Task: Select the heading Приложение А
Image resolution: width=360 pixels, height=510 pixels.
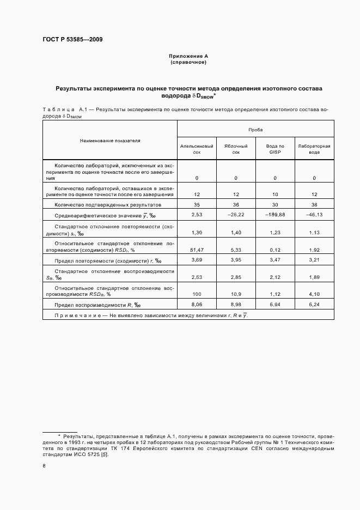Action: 188,56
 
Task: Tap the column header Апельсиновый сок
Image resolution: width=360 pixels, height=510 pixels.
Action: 197,149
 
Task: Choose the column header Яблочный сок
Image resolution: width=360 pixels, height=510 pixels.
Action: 236,149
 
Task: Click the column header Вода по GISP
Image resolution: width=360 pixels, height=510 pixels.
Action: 275,149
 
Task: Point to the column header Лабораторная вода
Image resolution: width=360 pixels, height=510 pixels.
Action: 314,149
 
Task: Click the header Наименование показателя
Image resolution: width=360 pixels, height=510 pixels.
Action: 110,140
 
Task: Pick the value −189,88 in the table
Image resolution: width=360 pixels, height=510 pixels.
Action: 275,215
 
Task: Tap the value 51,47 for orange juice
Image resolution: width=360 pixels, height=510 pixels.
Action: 197,250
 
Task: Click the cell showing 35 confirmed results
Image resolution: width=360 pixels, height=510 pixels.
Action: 197,204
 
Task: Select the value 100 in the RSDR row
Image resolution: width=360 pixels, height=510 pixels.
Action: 197,294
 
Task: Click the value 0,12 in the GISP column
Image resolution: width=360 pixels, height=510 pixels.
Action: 275,250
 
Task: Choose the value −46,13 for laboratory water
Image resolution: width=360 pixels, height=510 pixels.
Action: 314,215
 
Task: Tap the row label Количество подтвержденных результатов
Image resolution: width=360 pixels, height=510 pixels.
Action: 108,205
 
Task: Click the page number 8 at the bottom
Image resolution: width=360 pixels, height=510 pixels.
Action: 45,466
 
